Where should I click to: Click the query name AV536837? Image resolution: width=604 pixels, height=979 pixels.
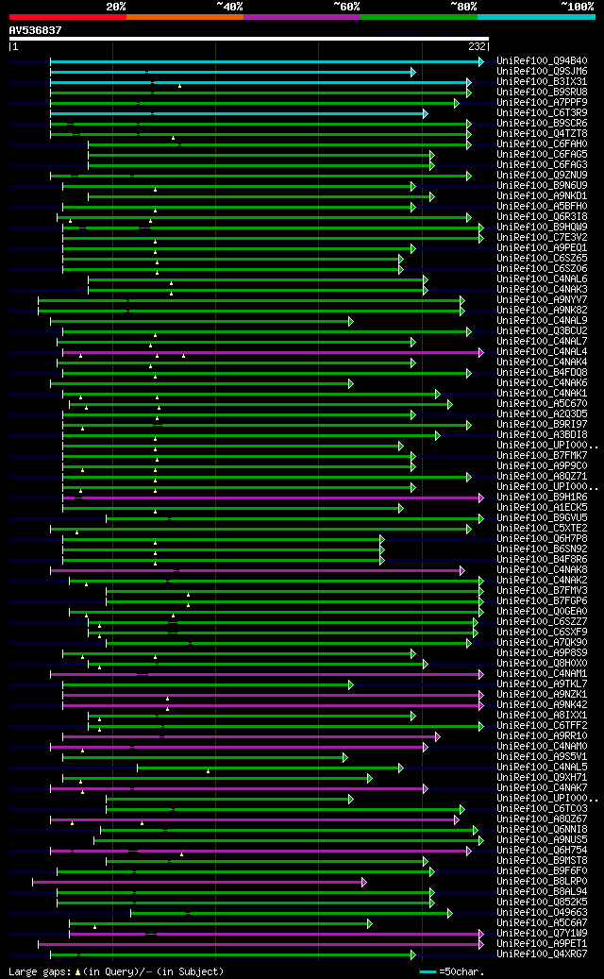[x=35, y=30]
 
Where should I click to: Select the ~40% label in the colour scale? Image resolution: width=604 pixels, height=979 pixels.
[x=229, y=6]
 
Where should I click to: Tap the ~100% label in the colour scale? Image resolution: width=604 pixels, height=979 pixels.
[x=578, y=6]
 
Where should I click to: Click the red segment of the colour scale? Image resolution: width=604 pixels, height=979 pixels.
[x=67, y=16]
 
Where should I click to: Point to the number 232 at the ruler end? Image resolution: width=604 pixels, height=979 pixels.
[x=477, y=46]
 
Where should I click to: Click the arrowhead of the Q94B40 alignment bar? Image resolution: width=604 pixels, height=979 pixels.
[x=481, y=61]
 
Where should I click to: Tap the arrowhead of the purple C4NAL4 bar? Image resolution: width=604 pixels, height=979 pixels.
[x=481, y=352]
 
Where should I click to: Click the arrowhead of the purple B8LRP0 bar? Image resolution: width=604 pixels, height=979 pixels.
[x=363, y=882]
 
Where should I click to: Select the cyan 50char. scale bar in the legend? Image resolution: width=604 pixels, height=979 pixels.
[x=428, y=971]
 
